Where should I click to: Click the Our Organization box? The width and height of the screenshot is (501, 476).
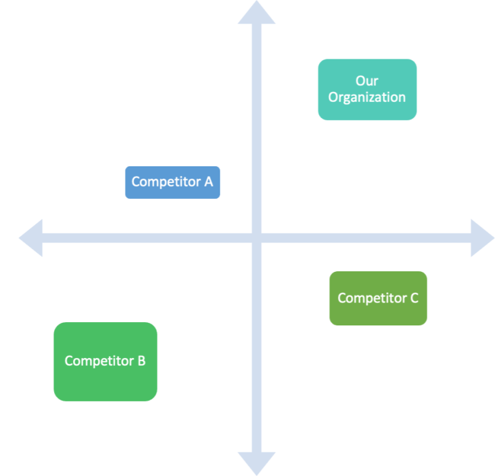(367, 89)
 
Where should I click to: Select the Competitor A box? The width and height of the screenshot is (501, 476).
(172, 182)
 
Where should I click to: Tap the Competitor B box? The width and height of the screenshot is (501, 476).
(105, 361)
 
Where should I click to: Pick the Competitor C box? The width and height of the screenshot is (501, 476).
(378, 298)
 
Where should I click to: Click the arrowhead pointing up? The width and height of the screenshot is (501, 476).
(256, 13)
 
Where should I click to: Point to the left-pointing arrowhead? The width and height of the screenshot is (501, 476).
(31, 238)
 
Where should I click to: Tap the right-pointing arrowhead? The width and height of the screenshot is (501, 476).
(482, 238)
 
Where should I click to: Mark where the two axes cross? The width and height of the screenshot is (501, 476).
(256, 238)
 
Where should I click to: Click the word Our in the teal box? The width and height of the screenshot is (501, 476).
(367, 81)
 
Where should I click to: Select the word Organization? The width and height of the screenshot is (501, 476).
(367, 98)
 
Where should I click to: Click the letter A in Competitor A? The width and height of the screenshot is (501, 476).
(209, 182)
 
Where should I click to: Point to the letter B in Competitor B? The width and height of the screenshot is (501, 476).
(141, 361)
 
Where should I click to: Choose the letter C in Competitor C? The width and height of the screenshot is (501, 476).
(414, 298)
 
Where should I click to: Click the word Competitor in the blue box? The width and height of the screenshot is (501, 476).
(166, 182)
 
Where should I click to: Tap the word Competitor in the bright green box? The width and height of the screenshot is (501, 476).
(99, 361)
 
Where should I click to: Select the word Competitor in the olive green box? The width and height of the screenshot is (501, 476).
(371, 298)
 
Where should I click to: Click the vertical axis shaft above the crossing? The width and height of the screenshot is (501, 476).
(256, 130)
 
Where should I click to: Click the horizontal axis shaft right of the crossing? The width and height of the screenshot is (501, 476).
(365, 238)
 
